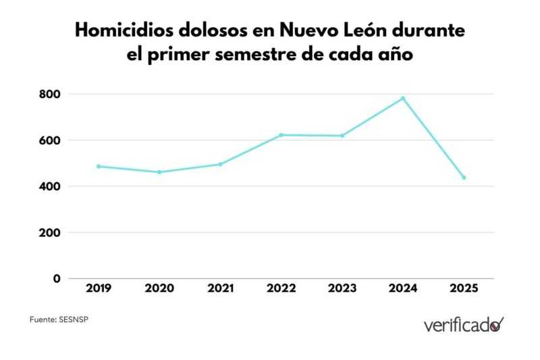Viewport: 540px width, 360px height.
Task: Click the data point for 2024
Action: [x=403, y=99]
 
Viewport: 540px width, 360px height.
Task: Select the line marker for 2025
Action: [x=464, y=178]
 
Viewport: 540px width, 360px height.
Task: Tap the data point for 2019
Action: [x=99, y=166]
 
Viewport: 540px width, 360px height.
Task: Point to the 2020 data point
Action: [x=159, y=172]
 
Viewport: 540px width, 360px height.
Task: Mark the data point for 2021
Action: [x=220, y=164]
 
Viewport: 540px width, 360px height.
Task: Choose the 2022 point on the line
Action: [x=281, y=135]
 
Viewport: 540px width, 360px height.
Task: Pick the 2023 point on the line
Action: [x=342, y=136]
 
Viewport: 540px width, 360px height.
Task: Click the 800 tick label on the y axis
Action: [x=50, y=94]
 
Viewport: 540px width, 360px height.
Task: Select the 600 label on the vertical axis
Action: [x=50, y=140]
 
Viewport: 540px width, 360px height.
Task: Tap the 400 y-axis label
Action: [x=50, y=186]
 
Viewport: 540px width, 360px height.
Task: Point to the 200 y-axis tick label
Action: [x=50, y=232]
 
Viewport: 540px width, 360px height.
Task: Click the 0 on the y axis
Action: [x=57, y=278]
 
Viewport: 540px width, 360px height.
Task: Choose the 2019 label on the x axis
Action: [x=99, y=288]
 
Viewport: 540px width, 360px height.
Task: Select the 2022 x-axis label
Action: [x=281, y=288]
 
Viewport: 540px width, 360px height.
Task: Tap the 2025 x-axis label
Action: [x=464, y=288]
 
